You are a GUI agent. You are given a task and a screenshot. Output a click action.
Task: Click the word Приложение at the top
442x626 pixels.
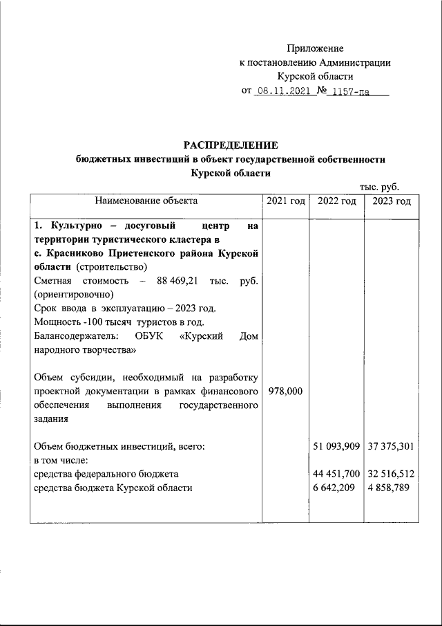pyautogui.click(x=315, y=48)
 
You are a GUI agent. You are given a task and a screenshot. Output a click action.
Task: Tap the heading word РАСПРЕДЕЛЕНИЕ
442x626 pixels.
pyautogui.click(x=230, y=145)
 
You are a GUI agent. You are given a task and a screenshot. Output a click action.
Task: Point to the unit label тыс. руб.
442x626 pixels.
pyautogui.click(x=379, y=187)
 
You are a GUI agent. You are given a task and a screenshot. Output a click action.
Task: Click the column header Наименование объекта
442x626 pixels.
pyautogui.click(x=146, y=201)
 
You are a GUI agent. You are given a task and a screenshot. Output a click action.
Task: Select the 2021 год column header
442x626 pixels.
pyautogui.click(x=285, y=201)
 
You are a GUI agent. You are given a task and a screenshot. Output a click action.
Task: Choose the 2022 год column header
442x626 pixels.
pyautogui.click(x=337, y=201)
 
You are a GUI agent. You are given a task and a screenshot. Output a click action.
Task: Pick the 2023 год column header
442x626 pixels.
pyautogui.click(x=391, y=201)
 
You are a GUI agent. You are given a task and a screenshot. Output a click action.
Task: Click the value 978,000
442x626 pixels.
pyautogui.click(x=285, y=392)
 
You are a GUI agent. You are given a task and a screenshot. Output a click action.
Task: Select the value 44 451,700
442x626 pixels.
pyautogui.click(x=337, y=474)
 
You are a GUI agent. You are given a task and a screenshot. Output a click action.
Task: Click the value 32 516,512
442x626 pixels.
pyautogui.click(x=391, y=474)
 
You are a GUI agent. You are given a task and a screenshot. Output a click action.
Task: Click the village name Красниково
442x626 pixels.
pyautogui.click(x=73, y=253)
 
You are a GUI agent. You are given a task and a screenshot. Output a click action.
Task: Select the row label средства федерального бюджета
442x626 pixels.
pyautogui.click(x=106, y=474)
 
